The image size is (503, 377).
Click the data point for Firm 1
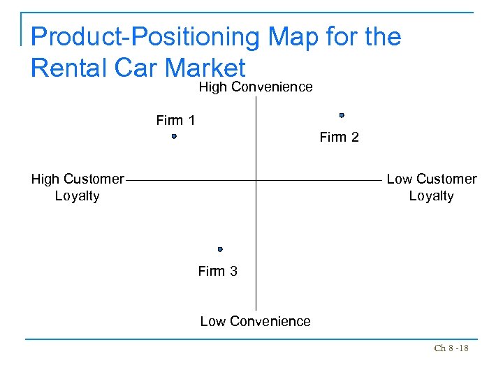(174, 137)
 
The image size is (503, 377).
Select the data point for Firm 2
(342, 115)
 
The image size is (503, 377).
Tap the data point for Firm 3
(220, 249)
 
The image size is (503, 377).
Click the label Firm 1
(175, 121)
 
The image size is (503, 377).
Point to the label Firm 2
(339, 138)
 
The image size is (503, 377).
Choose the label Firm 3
(217, 271)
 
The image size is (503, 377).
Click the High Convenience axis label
(256, 87)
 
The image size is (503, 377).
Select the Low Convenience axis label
(255, 321)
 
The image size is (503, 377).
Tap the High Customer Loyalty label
(77, 188)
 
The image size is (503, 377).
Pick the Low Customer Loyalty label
(432, 188)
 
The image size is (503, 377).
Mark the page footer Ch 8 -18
(451, 348)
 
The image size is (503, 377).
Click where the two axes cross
(256, 180)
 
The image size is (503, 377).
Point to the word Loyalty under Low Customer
(431, 196)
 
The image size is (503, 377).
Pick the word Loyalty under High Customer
(77, 196)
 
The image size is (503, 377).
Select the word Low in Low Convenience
(212, 321)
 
